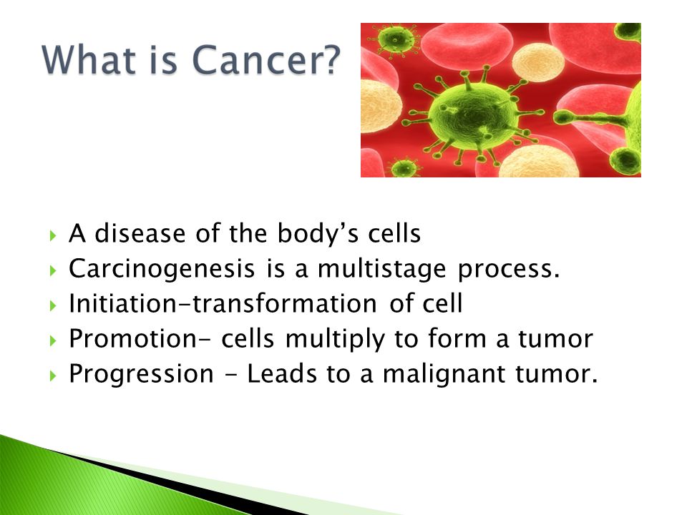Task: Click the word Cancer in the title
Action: pos(258,59)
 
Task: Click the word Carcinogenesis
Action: pos(162,270)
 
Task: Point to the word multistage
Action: pos(381,270)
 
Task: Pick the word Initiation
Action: pos(122,303)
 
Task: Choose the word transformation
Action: pos(285,303)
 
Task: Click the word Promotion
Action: pos(133,338)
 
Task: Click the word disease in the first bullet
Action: pos(140,233)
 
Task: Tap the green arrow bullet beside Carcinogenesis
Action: pos(53,270)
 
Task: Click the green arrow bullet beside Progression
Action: pos(53,376)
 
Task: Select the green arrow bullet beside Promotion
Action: pos(53,340)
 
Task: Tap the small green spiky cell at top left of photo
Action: pos(396,39)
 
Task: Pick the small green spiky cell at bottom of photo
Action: pos(404,168)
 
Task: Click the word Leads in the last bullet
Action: pos(282,373)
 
